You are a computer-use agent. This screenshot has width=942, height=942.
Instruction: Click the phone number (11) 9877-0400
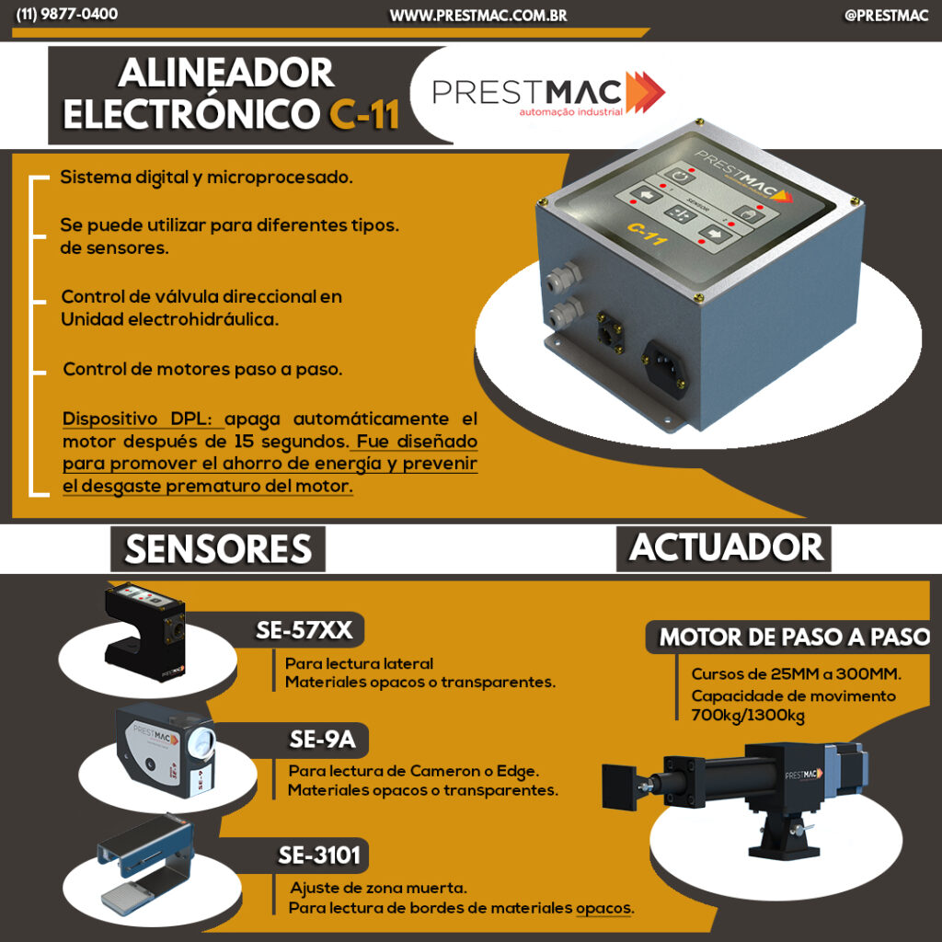(x=66, y=14)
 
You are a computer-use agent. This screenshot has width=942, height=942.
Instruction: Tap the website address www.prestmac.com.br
(x=478, y=16)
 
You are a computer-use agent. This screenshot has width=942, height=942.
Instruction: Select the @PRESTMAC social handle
(x=886, y=16)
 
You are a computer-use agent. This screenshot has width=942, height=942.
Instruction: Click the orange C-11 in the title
(x=364, y=113)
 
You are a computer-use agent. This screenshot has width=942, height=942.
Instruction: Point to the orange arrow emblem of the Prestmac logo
(x=645, y=92)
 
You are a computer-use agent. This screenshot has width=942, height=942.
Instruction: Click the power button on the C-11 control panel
(x=680, y=177)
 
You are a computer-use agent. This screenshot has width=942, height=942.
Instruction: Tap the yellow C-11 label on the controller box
(x=647, y=234)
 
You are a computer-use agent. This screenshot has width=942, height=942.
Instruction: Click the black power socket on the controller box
(x=666, y=368)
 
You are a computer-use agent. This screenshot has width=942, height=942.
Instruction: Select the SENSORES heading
(x=218, y=549)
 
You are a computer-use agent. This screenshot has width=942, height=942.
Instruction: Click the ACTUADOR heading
(x=726, y=547)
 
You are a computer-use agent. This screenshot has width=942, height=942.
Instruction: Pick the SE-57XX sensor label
(x=304, y=630)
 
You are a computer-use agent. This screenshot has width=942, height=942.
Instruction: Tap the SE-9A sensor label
(x=323, y=740)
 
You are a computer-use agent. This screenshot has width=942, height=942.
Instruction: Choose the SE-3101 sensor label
(x=319, y=855)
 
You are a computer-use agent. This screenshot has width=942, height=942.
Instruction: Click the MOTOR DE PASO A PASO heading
(x=794, y=637)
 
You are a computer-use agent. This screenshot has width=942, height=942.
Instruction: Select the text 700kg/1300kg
(x=748, y=716)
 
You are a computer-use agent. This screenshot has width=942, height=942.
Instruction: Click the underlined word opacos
(x=604, y=907)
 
